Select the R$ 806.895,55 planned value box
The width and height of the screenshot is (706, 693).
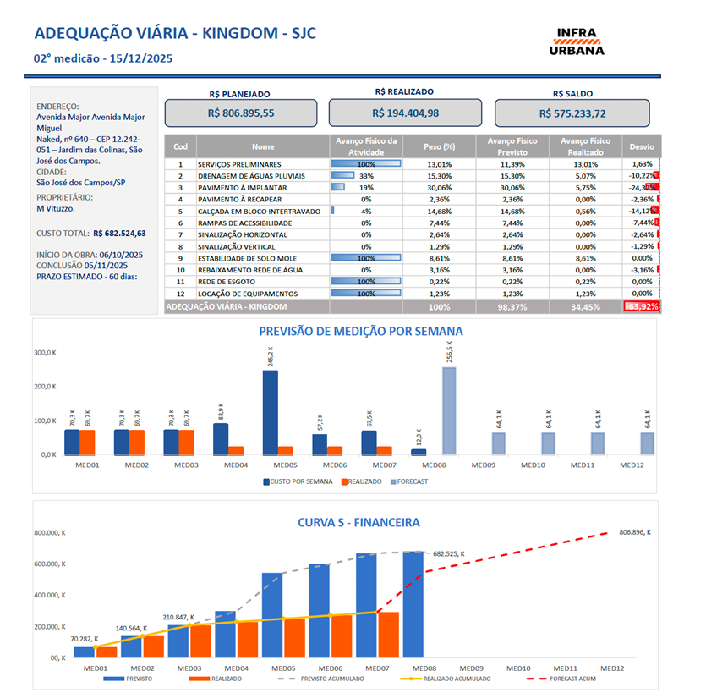coord(240,113)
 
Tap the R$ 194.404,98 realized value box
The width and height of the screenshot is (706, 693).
coord(405,113)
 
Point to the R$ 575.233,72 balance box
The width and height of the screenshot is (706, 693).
coord(572,113)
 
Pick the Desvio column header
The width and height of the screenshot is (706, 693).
coord(642,146)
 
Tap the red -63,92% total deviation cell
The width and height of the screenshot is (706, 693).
coord(642,306)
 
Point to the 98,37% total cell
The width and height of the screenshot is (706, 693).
coord(518,306)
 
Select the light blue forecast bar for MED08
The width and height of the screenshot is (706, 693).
coord(448,410)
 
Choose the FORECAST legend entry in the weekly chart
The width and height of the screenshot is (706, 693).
coord(408,481)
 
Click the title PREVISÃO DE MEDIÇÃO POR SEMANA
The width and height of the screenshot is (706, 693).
coord(360,332)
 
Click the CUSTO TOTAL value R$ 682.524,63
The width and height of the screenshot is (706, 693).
coord(119,234)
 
